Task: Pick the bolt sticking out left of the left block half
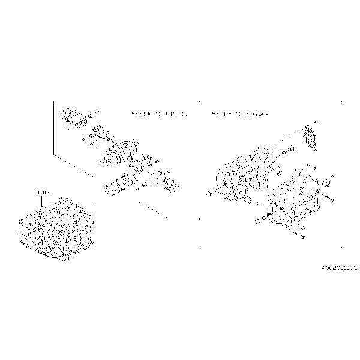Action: tap(209, 192)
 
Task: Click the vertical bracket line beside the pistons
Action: tap(53, 129)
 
